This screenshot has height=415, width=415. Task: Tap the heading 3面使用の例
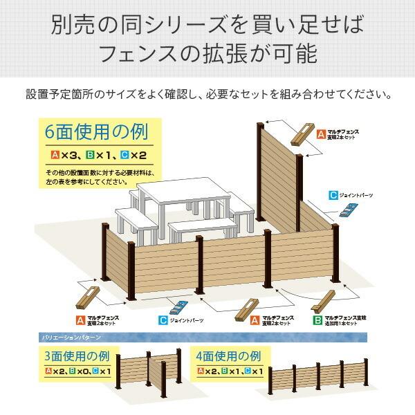[77, 357]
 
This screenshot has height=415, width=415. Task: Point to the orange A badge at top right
[321, 132]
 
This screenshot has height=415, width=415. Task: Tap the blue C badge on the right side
[333, 195]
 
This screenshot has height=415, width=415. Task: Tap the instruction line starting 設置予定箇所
[207, 93]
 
